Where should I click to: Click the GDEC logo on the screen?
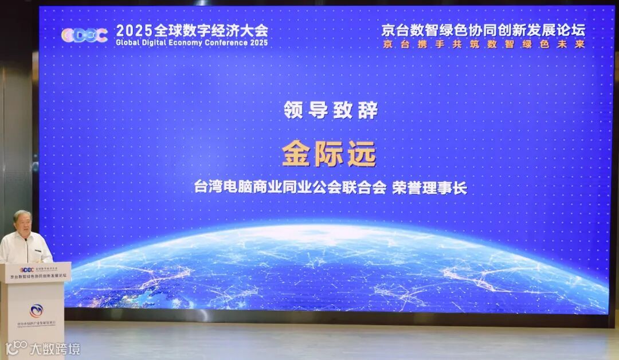point(84,35)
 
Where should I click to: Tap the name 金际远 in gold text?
point(329,154)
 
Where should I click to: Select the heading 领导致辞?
point(331,110)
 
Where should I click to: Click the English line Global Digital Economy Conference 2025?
point(191,43)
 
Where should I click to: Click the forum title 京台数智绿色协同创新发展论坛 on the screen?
point(483,30)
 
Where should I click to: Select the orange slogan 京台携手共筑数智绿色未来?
point(483,44)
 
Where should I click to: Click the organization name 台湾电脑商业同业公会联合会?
point(291,188)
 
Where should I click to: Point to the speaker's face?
point(22,224)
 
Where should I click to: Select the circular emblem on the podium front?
point(36,312)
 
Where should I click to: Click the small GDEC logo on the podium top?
point(26,269)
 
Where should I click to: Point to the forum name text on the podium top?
point(38,276)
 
